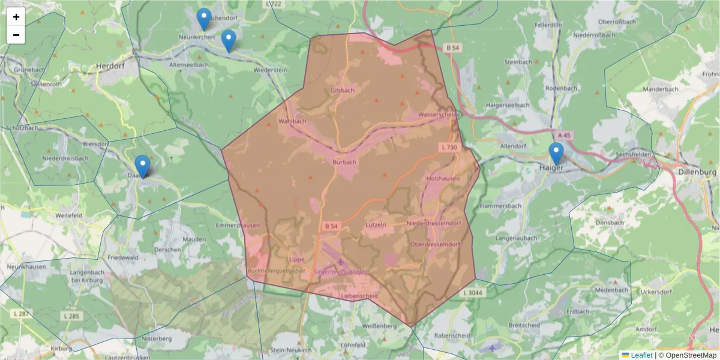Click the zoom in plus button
click(x=16, y=17)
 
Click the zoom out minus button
click(x=16, y=35)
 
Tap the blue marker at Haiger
click(x=556, y=154)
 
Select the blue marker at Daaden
click(x=142, y=166)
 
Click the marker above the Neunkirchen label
click(x=204, y=19)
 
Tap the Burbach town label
click(x=344, y=161)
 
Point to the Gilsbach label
click(x=343, y=91)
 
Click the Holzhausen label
click(x=443, y=179)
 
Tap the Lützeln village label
click(x=375, y=224)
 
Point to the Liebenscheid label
click(x=358, y=296)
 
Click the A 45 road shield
click(x=563, y=136)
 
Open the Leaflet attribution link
click(x=641, y=355)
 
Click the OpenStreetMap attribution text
click(x=691, y=355)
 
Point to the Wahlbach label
click(x=292, y=121)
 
